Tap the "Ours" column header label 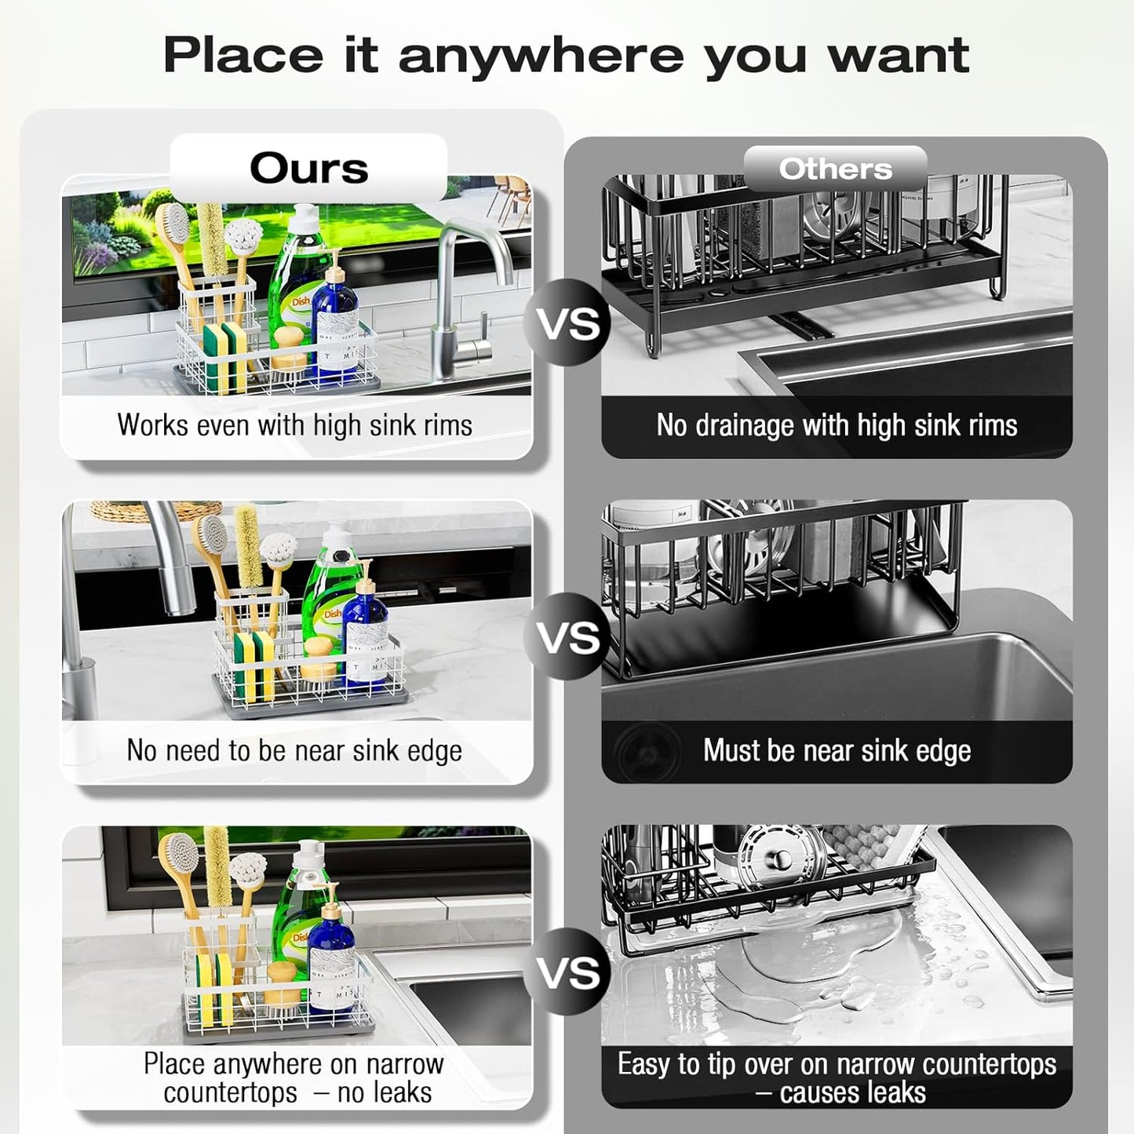309,168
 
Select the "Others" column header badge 836,169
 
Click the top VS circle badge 568,323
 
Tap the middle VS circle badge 568,636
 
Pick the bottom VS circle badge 568,972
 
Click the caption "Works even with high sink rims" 295,425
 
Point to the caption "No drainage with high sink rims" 837,425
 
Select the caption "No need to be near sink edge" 295,751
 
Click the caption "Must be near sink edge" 837,750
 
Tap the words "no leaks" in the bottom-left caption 385,1092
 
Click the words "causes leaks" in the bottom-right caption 853,1092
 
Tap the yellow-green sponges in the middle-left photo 253,667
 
